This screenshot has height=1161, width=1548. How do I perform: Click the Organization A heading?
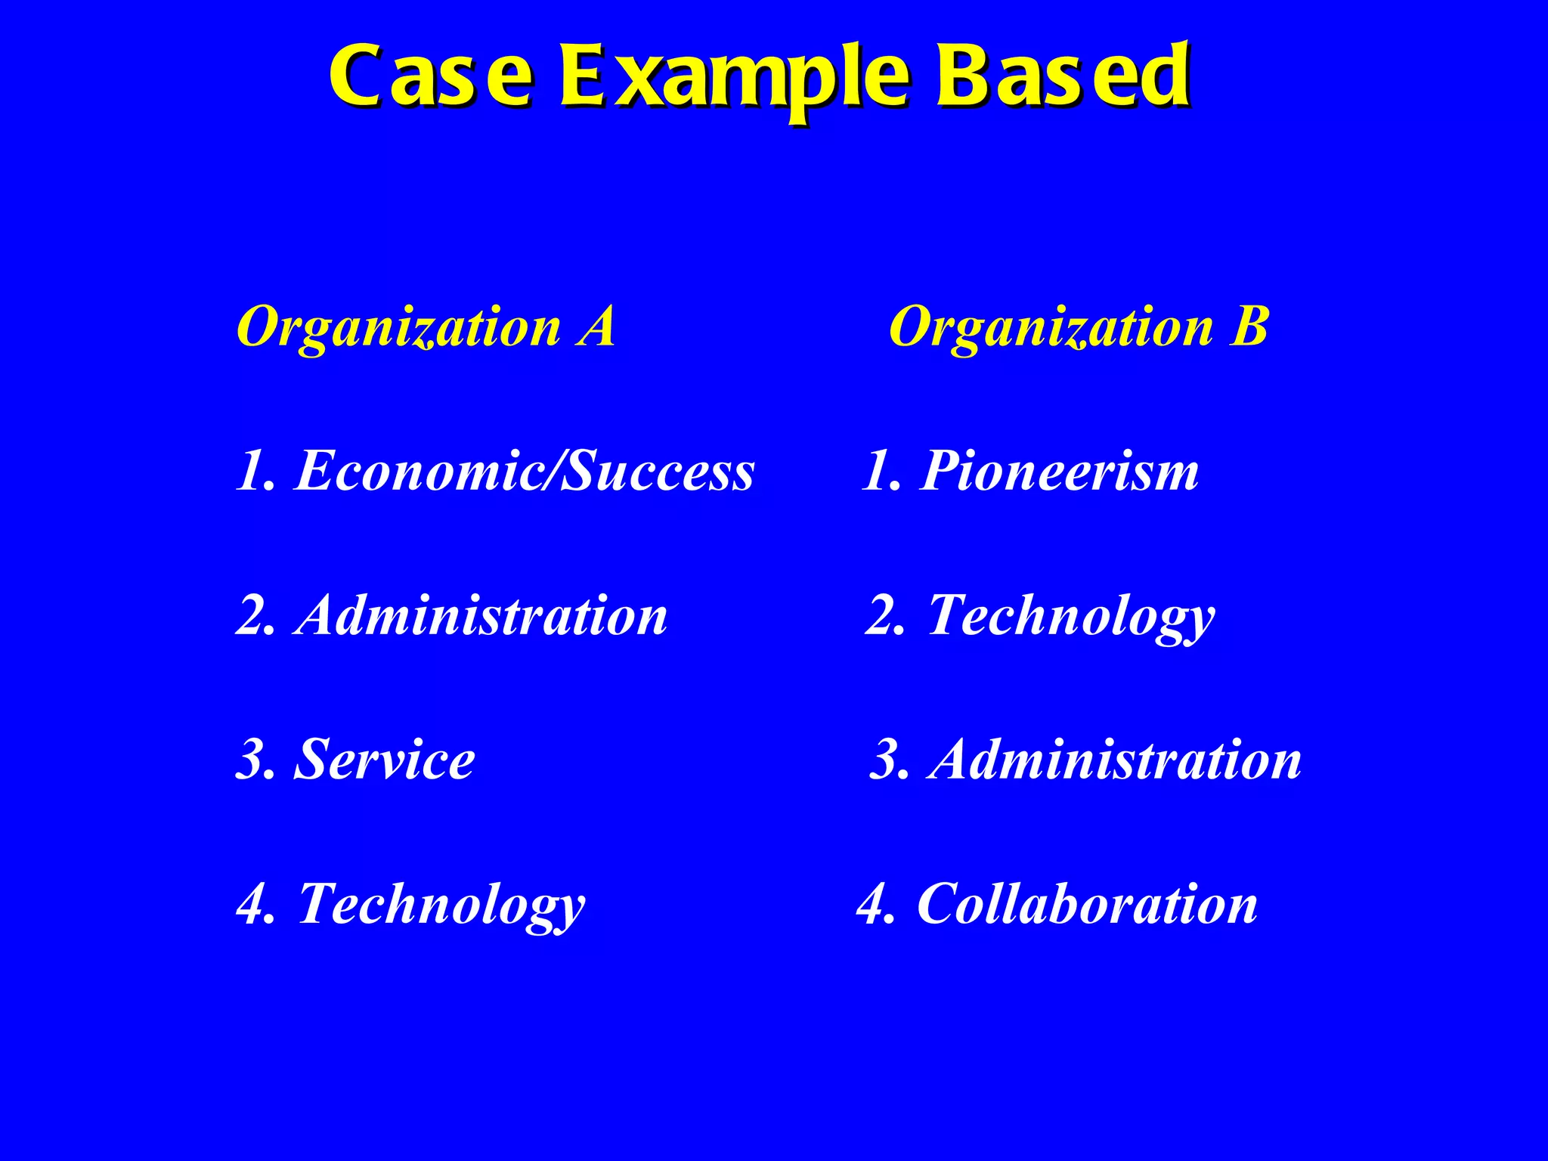pos(426,328)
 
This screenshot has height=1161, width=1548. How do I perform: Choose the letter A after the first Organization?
pos(596,327)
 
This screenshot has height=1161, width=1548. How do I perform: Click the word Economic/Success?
pos(524,471)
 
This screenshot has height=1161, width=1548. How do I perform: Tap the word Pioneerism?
pos(1058,471)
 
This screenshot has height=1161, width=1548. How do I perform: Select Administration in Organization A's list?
pos(481,615)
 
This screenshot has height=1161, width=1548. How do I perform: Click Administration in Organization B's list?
pos(1116,760)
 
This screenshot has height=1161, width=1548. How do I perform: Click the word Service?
pos(384,760)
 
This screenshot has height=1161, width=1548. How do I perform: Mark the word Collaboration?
pos(1086,904)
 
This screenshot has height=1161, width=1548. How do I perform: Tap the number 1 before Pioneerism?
pos(878,471)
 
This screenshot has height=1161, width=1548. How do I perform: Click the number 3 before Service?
pos(252,760)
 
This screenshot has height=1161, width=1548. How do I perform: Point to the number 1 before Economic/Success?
pos(250,471)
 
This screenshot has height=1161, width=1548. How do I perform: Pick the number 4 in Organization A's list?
pos(252,904)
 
